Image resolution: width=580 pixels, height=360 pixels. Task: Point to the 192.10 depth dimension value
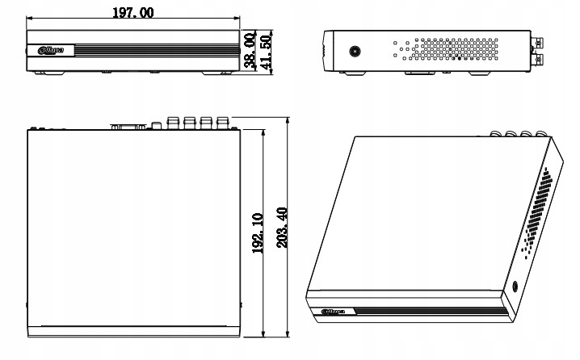256,233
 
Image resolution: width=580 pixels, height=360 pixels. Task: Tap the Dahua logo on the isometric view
334,311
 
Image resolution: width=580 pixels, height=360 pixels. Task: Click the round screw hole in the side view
354,52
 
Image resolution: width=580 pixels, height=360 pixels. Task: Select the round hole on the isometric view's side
516,286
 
